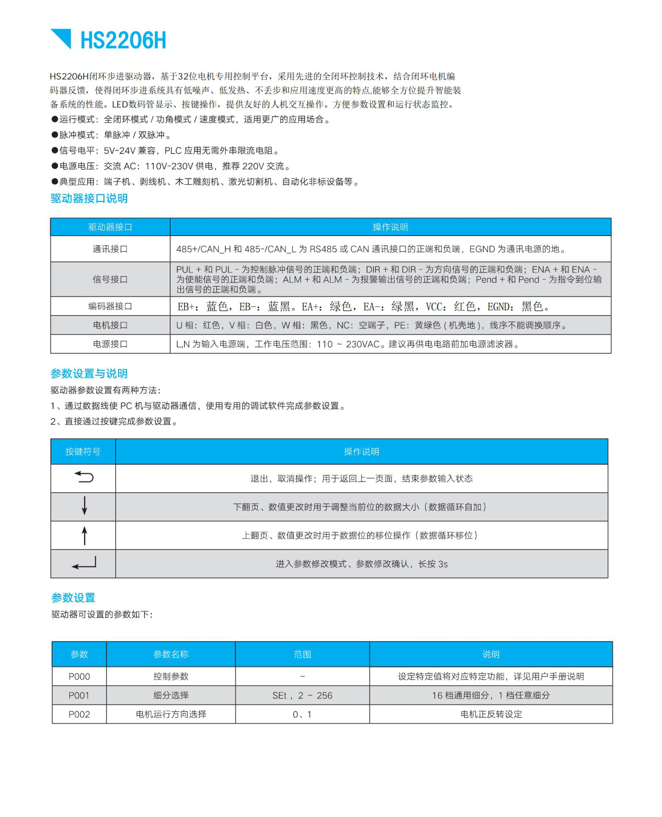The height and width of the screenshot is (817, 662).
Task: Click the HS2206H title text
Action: tap(123, 40)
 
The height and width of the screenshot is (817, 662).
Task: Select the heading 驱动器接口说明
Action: tap(89, 198)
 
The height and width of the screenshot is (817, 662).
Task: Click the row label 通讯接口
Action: tap(110, 249)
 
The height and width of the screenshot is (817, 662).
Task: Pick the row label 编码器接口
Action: tap(110, 306)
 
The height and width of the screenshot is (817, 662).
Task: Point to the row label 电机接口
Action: tap(110, 325)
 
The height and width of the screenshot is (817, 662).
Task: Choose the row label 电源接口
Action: tap(110, 344)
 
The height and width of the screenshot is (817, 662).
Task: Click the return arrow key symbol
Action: tap(84, 477)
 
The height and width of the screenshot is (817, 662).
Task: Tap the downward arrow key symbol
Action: tap(84, 506)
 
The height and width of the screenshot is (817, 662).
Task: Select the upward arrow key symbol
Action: tap(84, 535)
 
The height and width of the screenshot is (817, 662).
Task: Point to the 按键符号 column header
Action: tap(83, 452)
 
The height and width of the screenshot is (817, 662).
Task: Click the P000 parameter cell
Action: tap(79, 677)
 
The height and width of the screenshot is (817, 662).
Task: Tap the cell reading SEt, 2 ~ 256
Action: tap(302, 695)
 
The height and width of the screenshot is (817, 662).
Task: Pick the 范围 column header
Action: tap(302, 654)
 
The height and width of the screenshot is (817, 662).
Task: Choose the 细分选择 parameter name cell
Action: tap(171, 695)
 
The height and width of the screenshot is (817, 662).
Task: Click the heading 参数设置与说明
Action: tap(89, 373)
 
